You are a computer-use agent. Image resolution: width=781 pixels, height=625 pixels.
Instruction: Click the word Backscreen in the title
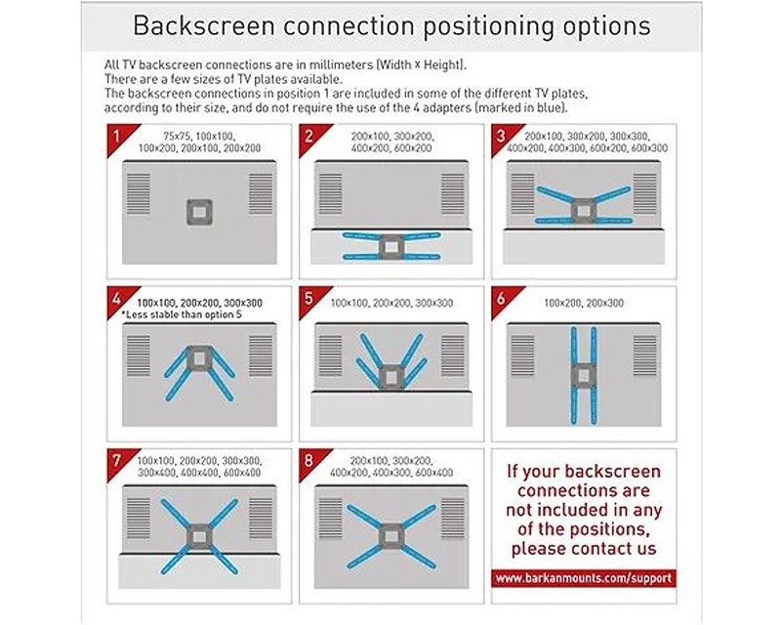pyautogui.click(x=204, y=26)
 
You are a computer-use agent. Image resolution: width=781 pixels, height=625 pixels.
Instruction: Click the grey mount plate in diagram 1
pyautogui.click(x=199, y=212)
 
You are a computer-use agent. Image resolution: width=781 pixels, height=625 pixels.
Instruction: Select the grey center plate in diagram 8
pyautogui.click(x=391, y=537)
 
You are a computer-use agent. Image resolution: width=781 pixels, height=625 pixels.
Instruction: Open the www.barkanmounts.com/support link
pyautogui.click(x=584, y=578)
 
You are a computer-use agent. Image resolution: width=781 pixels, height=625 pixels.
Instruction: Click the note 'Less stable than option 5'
pyautogui.click(x=182, y=315)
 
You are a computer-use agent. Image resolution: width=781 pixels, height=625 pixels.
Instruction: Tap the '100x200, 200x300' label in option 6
pyautogui.click(x=584, y=303)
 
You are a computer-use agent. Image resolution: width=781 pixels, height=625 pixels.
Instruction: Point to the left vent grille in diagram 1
pyautogui.click(x=139, y=194)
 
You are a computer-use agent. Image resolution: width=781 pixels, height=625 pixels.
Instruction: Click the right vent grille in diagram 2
pyautogui.click(x=453, y=194)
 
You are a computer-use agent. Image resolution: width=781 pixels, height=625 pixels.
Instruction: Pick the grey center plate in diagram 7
pyautogui.click(x=199, y=537)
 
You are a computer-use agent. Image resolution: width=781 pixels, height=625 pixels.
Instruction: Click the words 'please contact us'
pyautogui.click(x=584, y=549)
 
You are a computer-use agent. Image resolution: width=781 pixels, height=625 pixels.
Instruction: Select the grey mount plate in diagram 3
pyautogui.click(x=583, y=211)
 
